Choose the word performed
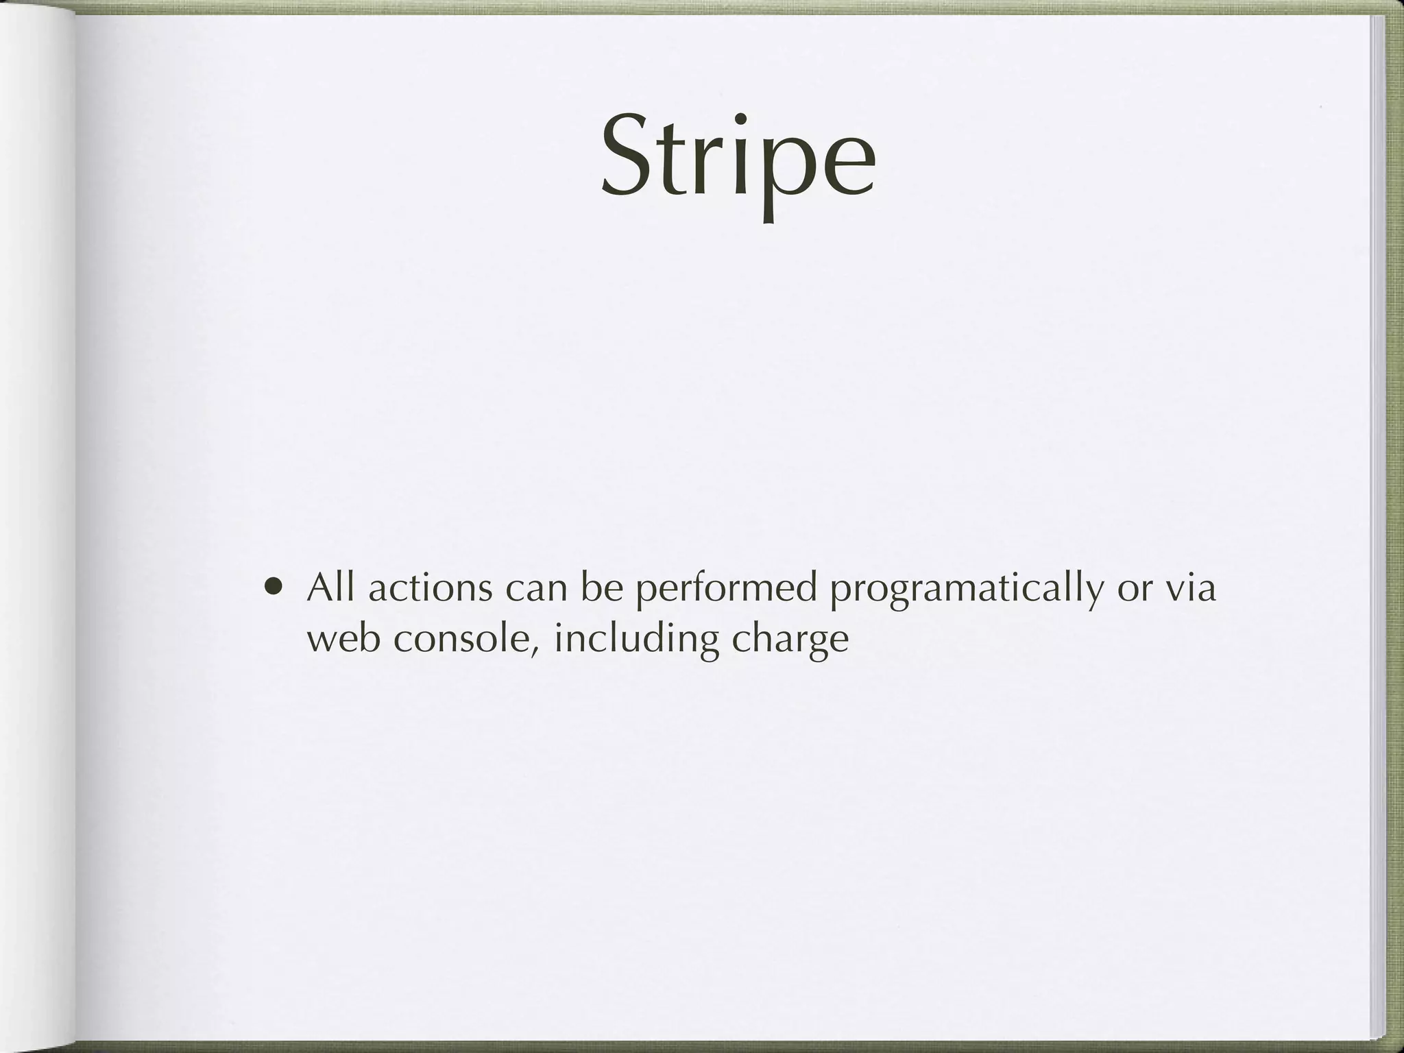pyautogui.click(x=726, y=588)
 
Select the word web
pyautogui.click(x=343, y=638)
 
